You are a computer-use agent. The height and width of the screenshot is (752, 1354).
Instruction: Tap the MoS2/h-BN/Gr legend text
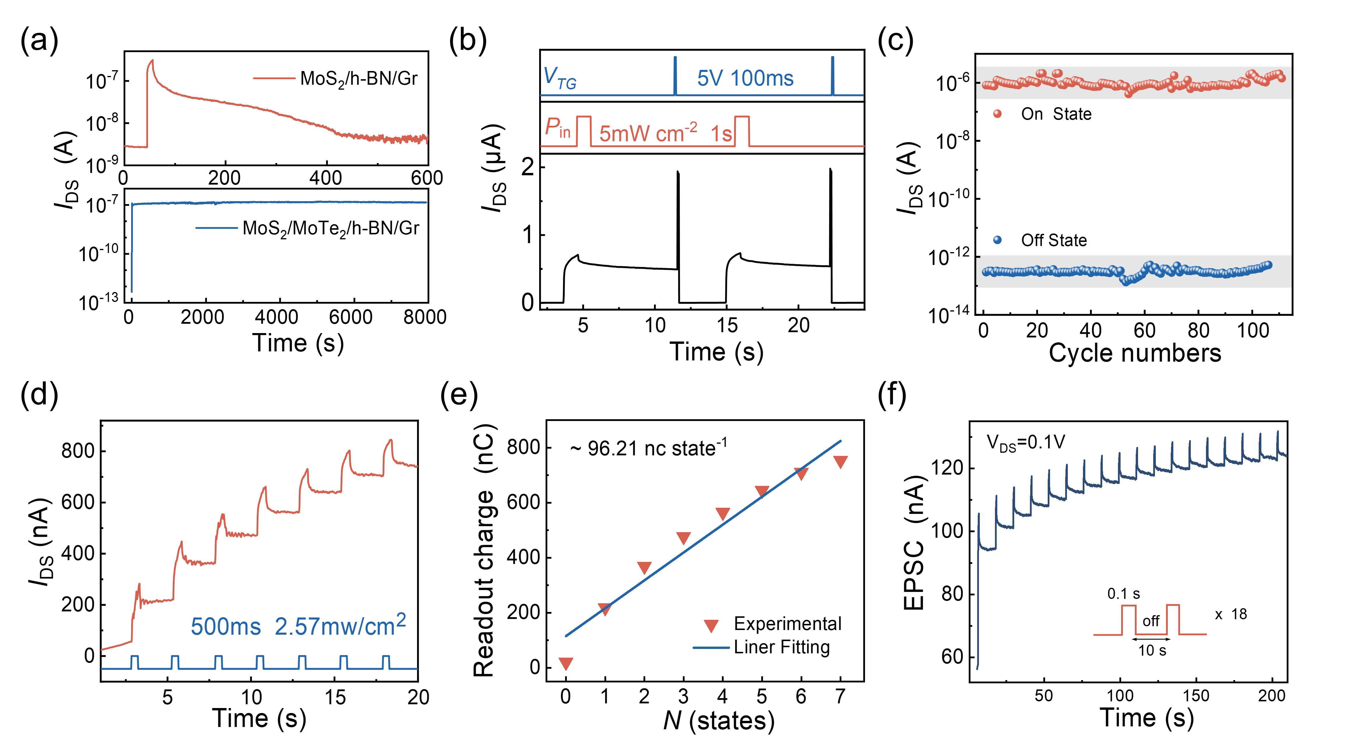tap(358, 79)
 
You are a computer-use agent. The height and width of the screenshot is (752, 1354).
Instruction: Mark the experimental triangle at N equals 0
tap(566, 664)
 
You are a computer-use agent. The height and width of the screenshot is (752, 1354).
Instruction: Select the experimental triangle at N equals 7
tap(840, 462)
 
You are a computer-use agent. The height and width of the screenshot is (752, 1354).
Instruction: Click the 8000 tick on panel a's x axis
tap(425, 317)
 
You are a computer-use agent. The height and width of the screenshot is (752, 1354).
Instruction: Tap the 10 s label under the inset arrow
tap(1152, 651)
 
